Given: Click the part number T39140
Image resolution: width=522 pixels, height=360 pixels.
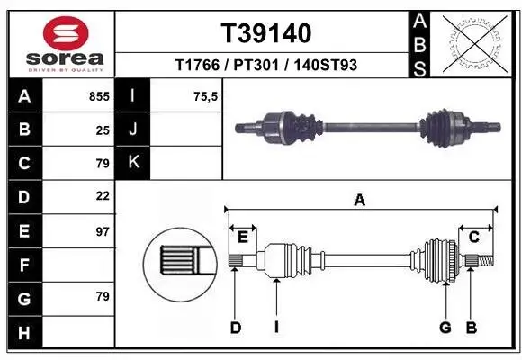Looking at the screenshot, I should pos(266,33).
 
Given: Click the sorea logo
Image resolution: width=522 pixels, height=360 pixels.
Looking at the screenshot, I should pos(61,42).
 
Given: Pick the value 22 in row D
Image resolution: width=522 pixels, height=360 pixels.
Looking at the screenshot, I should pos(103,195).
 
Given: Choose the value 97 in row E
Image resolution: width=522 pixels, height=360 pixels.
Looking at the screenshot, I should pos(103,231).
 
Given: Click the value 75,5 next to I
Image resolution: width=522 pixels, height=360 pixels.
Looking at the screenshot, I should pos(207,94).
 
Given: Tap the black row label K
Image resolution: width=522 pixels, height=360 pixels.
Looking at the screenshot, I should pos(133,162).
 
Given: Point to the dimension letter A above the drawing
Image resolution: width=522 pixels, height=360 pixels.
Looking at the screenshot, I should pos(360,201).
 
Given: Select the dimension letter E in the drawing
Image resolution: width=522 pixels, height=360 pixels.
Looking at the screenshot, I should pos(243,237).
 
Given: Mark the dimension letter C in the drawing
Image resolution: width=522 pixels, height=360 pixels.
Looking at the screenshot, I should pos(473,237).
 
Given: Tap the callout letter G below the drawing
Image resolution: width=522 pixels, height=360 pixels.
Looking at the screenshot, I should pos(445,328).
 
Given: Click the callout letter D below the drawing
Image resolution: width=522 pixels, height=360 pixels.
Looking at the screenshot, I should pos(236,328).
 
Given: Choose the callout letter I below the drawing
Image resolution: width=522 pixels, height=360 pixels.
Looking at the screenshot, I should pos(276,328).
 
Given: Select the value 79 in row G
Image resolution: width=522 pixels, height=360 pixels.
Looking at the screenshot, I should pos(103,296).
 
